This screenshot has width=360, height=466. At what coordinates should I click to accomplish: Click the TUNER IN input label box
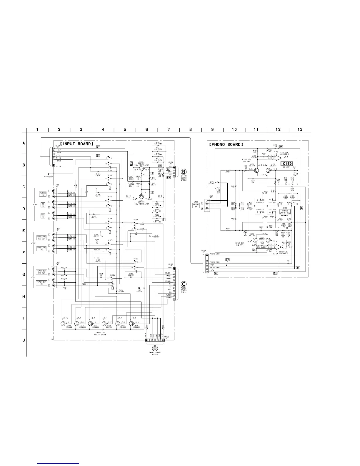(43, 194)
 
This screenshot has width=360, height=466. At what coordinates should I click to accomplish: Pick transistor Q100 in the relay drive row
(64, 324)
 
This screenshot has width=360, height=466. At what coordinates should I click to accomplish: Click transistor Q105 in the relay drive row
(132, 324)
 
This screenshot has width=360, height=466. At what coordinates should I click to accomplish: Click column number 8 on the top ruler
(191, 129)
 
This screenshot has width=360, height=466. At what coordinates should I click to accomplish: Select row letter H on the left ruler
(24, 296)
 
